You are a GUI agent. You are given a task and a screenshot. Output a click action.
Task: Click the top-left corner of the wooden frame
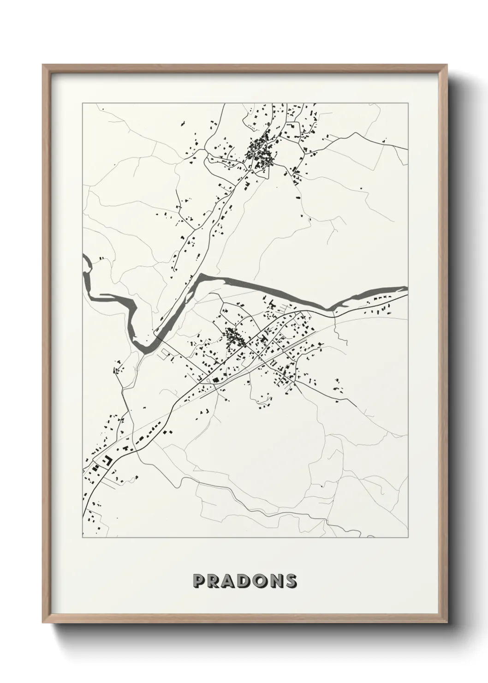(x=43, y=65)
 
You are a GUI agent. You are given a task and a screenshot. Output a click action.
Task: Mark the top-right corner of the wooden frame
(x=446, y=65)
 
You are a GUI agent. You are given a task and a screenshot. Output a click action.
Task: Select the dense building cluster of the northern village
(x=258, y=150)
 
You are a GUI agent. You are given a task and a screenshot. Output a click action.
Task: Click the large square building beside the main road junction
(x=215, y=380)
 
